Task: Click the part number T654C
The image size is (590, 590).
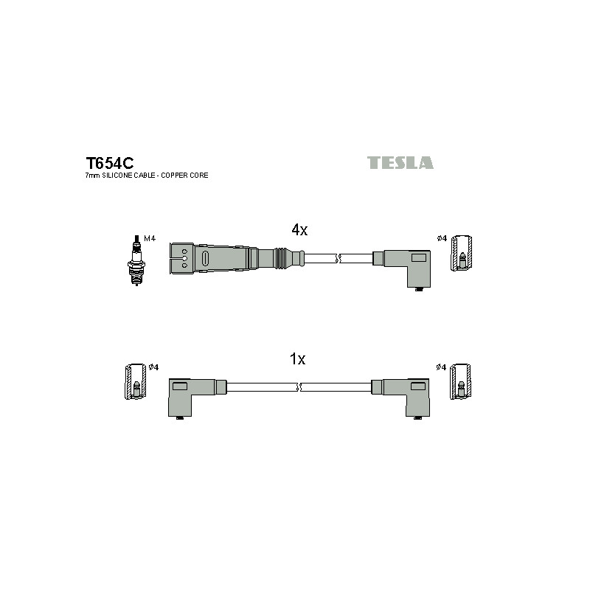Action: (x=109, y=163)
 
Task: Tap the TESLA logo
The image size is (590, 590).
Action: (x=400, y=162)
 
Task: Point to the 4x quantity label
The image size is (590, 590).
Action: (x=299, y=229)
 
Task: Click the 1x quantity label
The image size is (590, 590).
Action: (x=297, y=359)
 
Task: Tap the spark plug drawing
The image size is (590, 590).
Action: (x=137, y=260)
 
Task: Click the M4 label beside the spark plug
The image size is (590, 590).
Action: (x=150, y=238)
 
